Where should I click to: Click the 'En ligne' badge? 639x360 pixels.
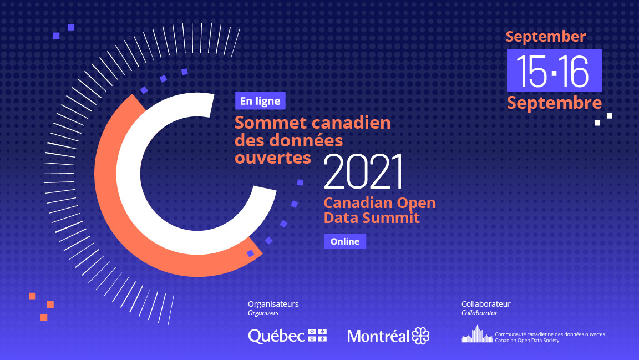click(260, 101)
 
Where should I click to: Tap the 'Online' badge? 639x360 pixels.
click(345, 241)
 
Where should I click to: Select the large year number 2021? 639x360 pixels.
click(363, 171)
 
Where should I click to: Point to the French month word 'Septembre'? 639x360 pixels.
click(554, 103)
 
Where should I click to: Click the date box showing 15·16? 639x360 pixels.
click(554, 70)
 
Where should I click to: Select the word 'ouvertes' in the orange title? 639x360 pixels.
click(273, 158)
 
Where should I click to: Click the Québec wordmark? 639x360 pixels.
click(276, 336)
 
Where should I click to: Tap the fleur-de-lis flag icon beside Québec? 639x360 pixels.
click(317, 335)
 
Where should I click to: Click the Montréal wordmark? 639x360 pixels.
click(378, 336)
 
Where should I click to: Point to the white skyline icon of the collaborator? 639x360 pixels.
click(477, 334)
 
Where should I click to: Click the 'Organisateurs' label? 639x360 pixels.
click(273, 304)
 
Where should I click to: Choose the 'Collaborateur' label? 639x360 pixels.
click(486, 304)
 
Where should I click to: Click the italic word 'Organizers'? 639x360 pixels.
click(263, 313)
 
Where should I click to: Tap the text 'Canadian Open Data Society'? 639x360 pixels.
click(527, 341)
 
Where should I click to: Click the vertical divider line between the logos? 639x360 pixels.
click(445, 336)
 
